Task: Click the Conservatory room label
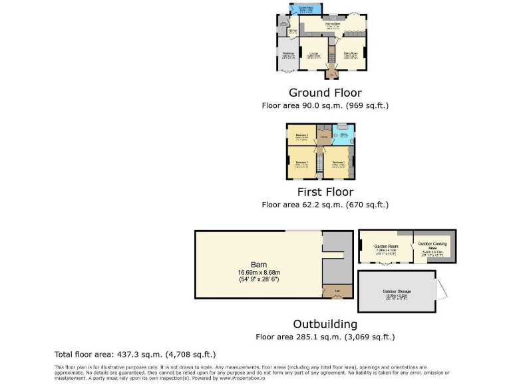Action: [x=306, y=7]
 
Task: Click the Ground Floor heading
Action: [x=325, y=93]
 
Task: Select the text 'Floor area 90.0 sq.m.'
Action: [x=299, y=105]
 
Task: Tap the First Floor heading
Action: [x=325, y=193]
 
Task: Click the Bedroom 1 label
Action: [x=338, y=162]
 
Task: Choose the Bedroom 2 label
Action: [x=301, y=162]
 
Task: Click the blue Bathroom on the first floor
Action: [x=343, y=135]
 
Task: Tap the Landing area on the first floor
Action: [x=324, y=137]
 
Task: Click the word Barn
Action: [x=259, y=263]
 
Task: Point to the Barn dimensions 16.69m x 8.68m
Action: [x=259, y=272]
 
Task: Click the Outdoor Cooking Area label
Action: [x=434, y=246]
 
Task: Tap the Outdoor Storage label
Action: [x=397, y=291]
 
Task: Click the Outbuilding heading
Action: [x=325, y=324]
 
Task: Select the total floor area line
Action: [x=134, y=354]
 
